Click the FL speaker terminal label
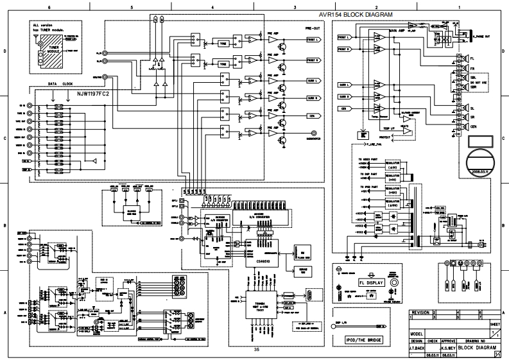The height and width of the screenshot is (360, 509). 472,58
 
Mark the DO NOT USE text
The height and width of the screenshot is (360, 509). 478,83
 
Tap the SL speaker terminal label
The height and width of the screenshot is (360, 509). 472,108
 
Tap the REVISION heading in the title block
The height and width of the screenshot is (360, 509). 420,313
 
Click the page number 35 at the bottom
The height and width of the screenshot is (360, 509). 257,349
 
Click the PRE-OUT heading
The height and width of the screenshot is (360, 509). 313,29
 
